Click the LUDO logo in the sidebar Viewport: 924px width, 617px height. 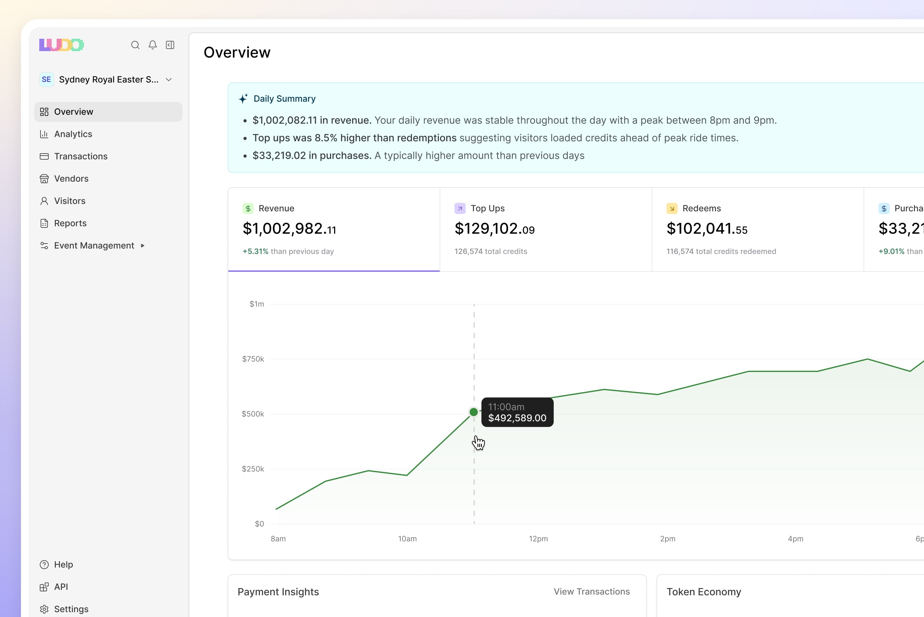[x=62, y=45]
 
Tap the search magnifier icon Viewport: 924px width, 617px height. [x=135, y=45]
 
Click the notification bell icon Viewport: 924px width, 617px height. [x=153, y=45]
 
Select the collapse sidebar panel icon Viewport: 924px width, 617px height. [x=170, y=45]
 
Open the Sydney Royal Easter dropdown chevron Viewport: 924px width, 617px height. [x=169, y=80]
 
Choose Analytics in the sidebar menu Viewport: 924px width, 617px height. [x=73, y=134]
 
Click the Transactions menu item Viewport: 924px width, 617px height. [x=80, y=156]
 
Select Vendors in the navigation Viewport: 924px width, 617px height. [x=71, y=179]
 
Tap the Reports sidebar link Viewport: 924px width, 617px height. [x=70, y=223]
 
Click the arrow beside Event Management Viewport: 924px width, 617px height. [x=143, y=246]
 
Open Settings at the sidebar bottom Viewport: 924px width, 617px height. [x=71, y=609]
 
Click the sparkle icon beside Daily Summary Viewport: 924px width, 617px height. [x=243, y=98]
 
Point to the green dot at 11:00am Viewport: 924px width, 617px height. [x=474, y=412]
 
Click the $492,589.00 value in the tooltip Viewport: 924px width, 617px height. [x=517, y=418]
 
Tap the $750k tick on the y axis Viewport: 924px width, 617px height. [x=253, y=359]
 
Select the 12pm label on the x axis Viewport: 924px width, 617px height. [x=538, y=539]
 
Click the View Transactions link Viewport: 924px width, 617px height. [x=591, y=591]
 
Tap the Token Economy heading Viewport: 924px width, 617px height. [x=704, y=592]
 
